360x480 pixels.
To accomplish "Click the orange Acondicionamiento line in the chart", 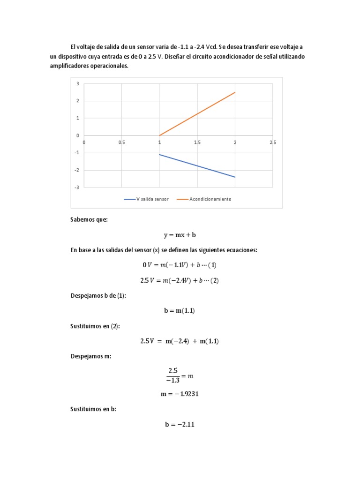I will (197, 114).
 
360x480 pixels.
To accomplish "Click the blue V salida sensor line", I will (197, 165).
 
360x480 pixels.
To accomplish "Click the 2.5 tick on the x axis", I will (273, 142).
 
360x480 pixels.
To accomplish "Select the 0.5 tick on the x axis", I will (121, 142).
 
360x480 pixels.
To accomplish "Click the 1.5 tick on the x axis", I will (197, 142).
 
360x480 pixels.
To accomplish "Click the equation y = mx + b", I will (180, 235).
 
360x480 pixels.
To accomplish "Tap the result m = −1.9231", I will (180, 394).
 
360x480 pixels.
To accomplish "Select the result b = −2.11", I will (180, 425).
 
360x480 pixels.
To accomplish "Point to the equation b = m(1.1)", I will (180, 311).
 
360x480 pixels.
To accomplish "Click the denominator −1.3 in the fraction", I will (172, 380).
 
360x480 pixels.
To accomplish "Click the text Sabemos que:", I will (89, 219).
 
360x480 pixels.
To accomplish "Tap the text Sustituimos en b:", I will (93, 409).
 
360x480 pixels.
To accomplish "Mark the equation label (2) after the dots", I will (215, 281).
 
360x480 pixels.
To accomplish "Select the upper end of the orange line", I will (235, 92).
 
